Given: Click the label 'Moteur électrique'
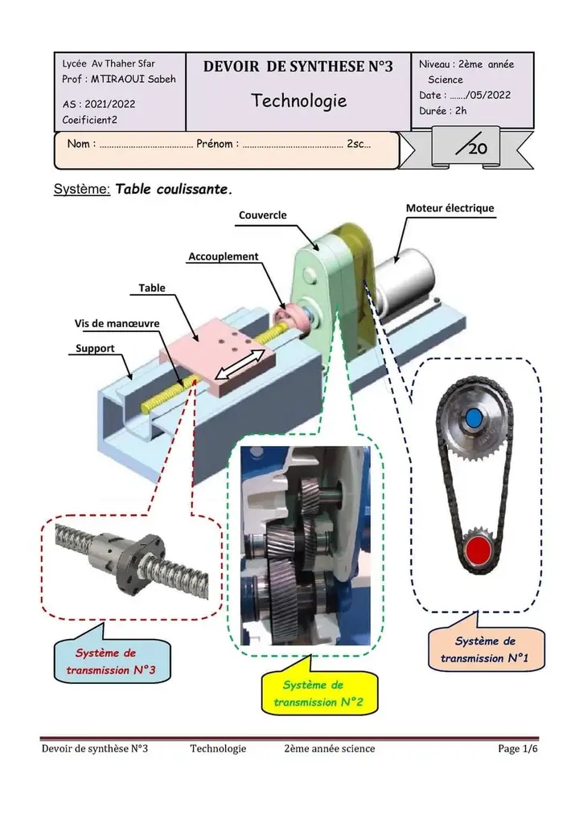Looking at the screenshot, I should pyautogui.click(x=450, y=209).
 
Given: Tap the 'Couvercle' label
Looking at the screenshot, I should pyautogui.click(x=262, y=215).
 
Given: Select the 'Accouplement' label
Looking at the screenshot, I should pyautogui.click(x=224, y=256).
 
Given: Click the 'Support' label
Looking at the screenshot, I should pyautogui.click(x=95, y=349).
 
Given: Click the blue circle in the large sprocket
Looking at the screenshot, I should pyautogui.click(x=474, y=417).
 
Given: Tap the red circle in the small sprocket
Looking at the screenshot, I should pyautogui.click(x=478, y=551).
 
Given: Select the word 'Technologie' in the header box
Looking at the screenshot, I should pyautogui.click(x=299, y=100).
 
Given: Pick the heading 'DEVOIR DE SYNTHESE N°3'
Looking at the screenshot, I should pyautogui.click(x=298, y=67).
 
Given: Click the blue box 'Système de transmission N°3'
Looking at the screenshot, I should pyautogui.click(x=111, y=661).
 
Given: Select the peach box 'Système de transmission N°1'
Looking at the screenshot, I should pyautogui.click(x=485, y=650).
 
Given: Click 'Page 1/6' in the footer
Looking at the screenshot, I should pyautogui.click(x=517, y=749).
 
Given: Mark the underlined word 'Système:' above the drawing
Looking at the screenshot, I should pyautogui.click(x=81, y=190).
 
